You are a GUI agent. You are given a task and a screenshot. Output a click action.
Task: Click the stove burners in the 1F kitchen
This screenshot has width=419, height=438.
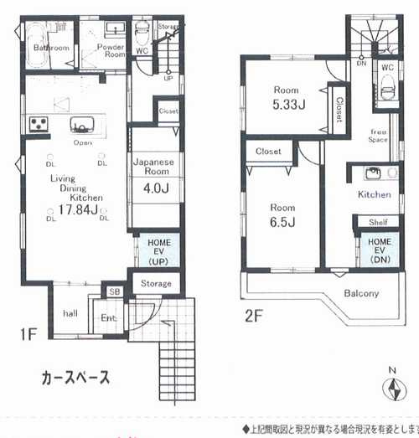[x=38, y=125]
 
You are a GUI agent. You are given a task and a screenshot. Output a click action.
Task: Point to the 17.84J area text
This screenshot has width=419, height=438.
[x=75, y=209]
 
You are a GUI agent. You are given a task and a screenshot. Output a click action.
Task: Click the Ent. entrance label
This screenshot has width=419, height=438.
[x=109, y=317]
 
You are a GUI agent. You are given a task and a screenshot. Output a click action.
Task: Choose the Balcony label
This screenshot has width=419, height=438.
[x=361, y=293]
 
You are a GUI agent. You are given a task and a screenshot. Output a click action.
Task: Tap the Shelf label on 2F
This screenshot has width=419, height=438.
[x=377, y=222]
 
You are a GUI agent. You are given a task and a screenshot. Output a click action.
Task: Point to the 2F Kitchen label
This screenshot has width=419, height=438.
[x=374, y=194]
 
